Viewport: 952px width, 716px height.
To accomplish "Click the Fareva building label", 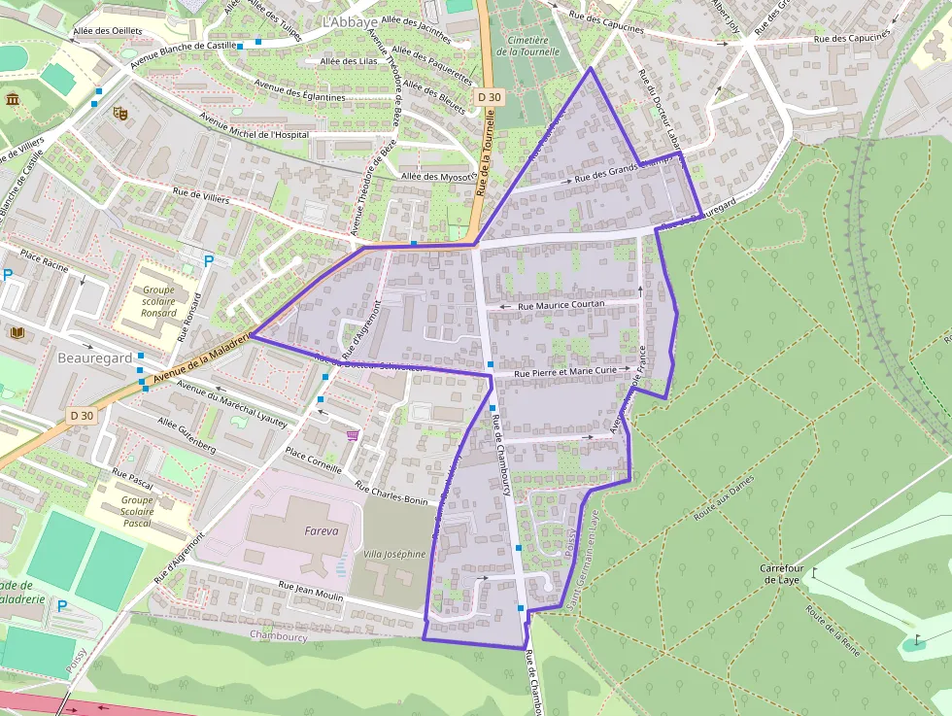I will [321, 531].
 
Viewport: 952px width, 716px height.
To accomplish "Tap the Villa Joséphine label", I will [394, 555].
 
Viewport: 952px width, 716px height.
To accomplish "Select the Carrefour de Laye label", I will [785, 573].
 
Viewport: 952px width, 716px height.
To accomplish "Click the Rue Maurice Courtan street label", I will [561, 305].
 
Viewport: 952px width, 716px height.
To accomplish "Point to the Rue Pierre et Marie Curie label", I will [564, 371].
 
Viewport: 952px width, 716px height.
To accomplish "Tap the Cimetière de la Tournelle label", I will [528, 47].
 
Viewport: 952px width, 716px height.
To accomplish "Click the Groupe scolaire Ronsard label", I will [159, 301].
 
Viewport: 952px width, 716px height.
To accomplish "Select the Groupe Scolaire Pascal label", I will [137, 511].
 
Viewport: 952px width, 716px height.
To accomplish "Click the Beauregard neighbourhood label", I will [94, 358].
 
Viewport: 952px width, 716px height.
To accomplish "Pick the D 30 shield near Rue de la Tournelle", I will [490, 97].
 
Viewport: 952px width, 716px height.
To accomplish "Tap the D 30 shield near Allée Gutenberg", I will [83, 416].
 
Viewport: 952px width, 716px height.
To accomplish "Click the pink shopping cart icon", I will [352, 434].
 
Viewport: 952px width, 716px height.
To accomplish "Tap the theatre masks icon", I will [120, 113].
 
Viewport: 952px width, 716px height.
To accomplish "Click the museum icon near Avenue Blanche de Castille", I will [13, 100].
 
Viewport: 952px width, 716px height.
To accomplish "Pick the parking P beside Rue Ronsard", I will [208, 259].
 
